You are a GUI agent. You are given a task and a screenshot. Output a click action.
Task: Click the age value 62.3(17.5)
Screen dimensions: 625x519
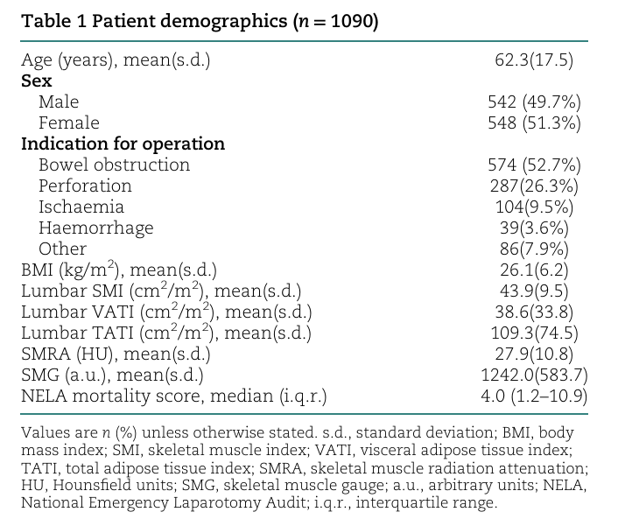click(x=534, y=60)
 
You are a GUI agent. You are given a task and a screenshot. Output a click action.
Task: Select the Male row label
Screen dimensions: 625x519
click(x=59, y=102)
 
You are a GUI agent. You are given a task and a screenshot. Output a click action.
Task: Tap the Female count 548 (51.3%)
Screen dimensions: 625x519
click(x=534, y=123)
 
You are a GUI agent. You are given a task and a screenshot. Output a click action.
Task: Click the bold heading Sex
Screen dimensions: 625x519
click(x=36, y=81)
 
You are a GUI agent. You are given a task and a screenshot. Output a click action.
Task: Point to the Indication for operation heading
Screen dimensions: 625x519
click(x=123, y=144)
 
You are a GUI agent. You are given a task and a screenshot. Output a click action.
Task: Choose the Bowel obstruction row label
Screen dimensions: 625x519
click(x=114, y=165)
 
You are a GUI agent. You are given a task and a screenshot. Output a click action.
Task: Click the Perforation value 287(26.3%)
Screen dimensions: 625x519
click(x=534, y=186)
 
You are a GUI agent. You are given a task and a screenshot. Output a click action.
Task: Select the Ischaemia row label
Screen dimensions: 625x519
click(x=81, y=207)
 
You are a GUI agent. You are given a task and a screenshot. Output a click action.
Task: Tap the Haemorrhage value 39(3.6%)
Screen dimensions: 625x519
click(x=534, y=228)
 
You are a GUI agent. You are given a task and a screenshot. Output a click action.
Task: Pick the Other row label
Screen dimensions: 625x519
click(x=62, y=249)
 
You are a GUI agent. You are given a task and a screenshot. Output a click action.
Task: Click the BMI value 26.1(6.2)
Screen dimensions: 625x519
click(x=534, y=270)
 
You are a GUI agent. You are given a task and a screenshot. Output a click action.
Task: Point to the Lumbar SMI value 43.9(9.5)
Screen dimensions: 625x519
click(x=534, y=291)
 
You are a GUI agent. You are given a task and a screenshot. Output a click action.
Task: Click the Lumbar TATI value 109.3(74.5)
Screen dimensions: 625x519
click(x=534, y=333)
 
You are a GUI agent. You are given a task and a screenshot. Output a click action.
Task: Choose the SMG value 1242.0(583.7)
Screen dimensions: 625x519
click(x=534, y=375)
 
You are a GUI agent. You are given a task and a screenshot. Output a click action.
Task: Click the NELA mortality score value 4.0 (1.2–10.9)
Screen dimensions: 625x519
click(x=534, y=396)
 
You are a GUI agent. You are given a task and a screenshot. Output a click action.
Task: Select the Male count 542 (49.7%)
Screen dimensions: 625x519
click(x=534, y=102)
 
